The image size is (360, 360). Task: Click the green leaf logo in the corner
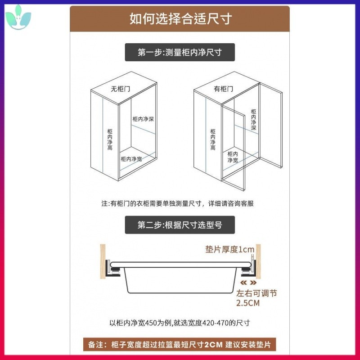tap(18, 18)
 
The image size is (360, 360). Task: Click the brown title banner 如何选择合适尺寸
tap(180, 19)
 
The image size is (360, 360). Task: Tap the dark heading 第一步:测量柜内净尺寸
tap(180, 52)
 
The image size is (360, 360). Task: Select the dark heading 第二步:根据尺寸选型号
tap(180, 225)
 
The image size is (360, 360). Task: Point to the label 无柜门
tap(120, 89)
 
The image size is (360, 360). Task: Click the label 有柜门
tap(223, 89)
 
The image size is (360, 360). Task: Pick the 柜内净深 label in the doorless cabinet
tap(143, 119)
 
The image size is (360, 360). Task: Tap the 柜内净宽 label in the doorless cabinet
tap(131, 159)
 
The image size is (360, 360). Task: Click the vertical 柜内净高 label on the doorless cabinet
tap(110, 139)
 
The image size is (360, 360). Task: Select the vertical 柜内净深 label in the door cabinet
tap(253, 120)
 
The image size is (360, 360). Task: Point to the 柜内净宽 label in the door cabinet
tap(233, 157)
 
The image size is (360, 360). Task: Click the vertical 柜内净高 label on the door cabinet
tap(213, 139)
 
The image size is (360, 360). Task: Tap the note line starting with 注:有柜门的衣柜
tap(177, 203)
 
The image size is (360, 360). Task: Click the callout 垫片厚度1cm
tap(230, 249)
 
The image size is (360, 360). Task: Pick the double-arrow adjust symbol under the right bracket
tap(248, 283)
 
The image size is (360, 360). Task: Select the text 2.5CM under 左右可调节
tap(248, 303)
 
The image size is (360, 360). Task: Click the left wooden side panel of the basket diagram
tap(103, 261)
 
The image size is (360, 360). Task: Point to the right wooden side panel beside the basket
tap(258, 261)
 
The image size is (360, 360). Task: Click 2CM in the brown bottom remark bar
tap(213, 345)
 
